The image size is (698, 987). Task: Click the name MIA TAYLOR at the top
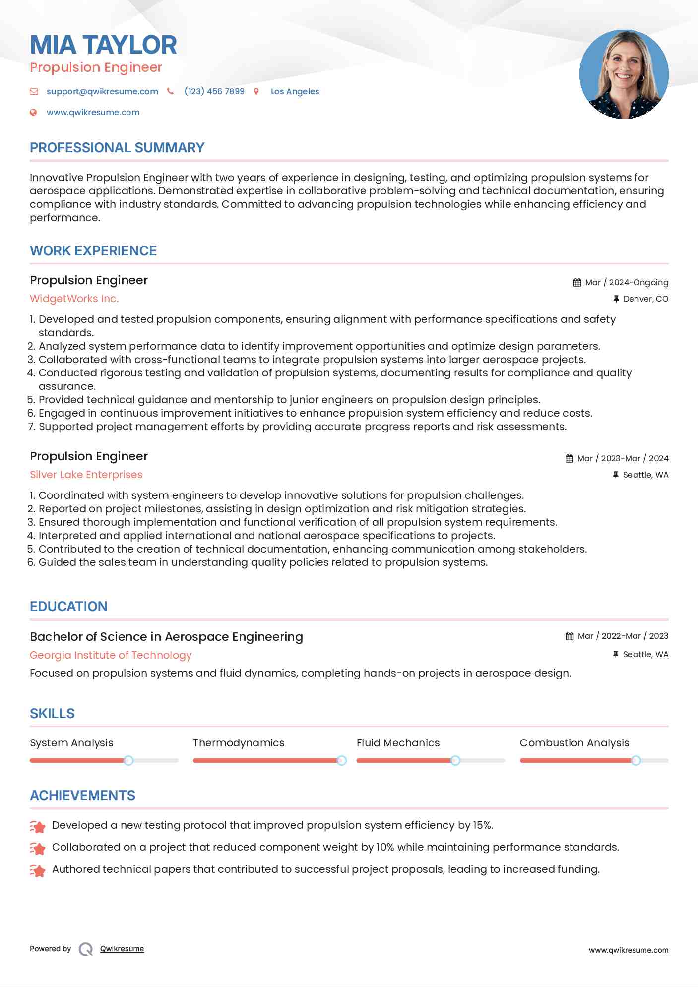(x=103, y=45)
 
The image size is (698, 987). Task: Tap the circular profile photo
(x=624, y=74)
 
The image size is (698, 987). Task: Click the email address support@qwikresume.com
(x=102, y=91)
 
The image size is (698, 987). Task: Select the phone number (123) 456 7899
(x=214, y=91)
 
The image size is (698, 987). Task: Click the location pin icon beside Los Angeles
(x=256, y=91)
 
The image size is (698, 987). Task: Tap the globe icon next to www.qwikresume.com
(x=33, y=112)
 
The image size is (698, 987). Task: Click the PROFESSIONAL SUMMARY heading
(x=117, y=148)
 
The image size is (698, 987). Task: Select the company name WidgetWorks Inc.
(x=74, y=299)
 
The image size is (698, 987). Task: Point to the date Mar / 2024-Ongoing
(x=627, y=282)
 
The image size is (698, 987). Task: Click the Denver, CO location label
(x=645, y=299)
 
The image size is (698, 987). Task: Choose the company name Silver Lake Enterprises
(x=86, y=475)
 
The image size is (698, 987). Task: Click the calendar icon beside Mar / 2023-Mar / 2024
(x=569, y=458)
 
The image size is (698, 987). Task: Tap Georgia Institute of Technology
(x=111, y=655)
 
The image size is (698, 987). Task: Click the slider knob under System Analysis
(x=128, y=760)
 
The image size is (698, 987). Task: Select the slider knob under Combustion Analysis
(x=635, y=760)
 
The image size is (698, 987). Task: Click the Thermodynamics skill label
(x=239, y=743)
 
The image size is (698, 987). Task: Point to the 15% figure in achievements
(x=482, y=825)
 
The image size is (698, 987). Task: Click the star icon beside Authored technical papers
(x=38, y=870)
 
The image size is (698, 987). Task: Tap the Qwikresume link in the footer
(x=122, y=949)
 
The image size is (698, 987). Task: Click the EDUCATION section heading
(x=68, y=607)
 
